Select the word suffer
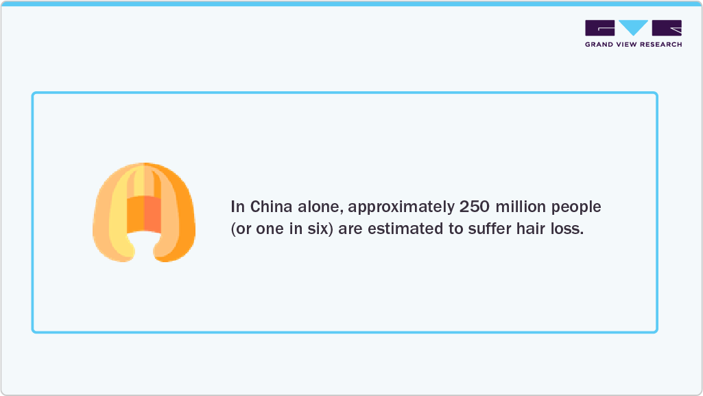coord(488,229)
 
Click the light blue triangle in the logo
coord(633,27)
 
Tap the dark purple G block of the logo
coord(600,27)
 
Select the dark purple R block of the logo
coord(667,27)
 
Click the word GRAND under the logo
coord(599,45)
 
